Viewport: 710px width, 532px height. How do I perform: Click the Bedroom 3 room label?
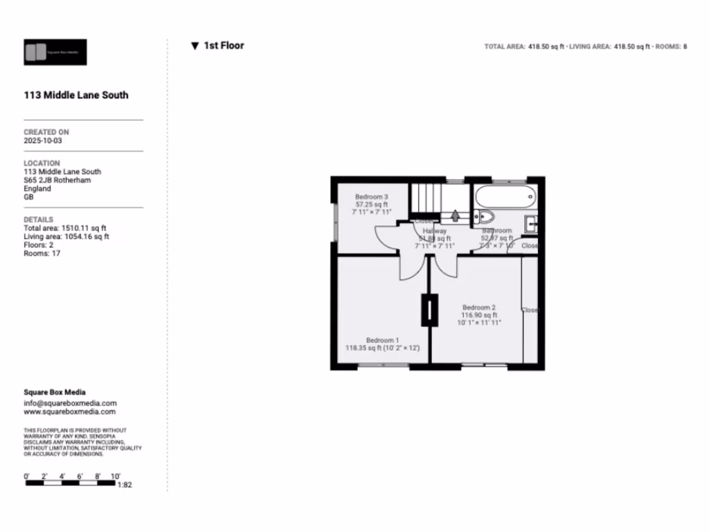click(372, 197)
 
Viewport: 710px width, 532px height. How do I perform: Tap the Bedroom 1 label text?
click(382, 340)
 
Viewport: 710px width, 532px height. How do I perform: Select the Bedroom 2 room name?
click(479, 308)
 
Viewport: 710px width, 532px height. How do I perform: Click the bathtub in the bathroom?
click(505, 196)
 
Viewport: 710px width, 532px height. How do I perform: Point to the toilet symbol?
click(484, 216)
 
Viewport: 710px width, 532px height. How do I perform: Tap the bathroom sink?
click(531, 224)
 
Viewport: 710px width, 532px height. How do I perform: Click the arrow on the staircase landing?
click(455, 216)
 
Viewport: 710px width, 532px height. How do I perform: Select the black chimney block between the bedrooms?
click(430, 310)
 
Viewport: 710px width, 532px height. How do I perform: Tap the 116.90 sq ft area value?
click(479, 315)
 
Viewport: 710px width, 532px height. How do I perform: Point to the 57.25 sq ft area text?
click(372, 205)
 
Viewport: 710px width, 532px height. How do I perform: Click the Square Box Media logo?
click(55, 52)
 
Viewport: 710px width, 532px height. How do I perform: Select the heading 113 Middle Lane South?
click(76, 96)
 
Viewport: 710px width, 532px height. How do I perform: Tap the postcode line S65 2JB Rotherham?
click(57, 180)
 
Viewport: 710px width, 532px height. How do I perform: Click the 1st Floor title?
click(223, 46)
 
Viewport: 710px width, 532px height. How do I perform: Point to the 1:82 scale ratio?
click(125, 485)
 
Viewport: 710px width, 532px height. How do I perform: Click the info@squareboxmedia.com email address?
click(70, 403)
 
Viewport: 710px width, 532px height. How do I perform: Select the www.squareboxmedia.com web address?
click(70, 411)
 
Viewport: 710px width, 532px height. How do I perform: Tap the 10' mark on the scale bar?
click(115, 477)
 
